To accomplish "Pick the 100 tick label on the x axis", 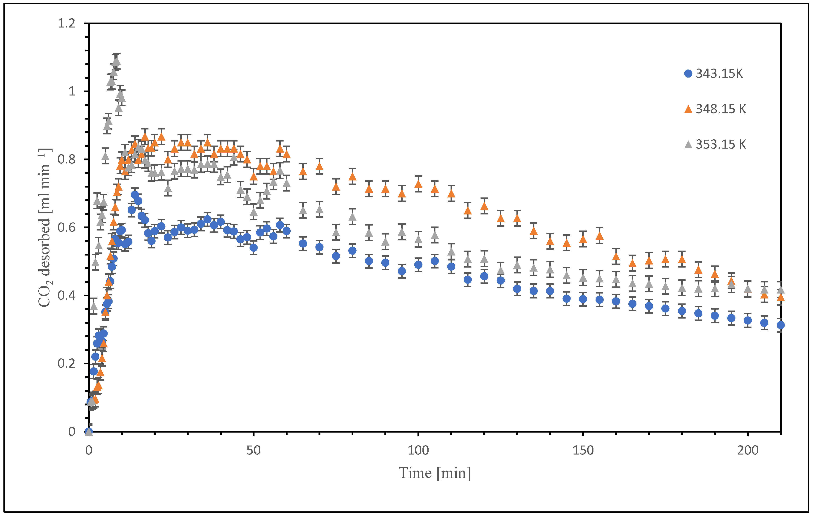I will pyautogui.click(x=418, y=450).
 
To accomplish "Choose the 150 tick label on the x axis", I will pyautogui.click(x=583, y=450).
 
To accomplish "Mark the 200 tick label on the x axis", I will pyautogui.click(x=748, y=450).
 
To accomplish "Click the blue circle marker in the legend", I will pyautogui.click(x=688, y=74).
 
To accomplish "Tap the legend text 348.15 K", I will pyautogui.click(x=721, y=109).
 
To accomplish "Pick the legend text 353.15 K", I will pyautogui.click(x=721, y=144).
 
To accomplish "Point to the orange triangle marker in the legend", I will pyautogui.click(x=688, y=109).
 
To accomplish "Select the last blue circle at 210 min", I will pyautogui.click(x=780, y=325).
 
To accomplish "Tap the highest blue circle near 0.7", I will pyautogui.click(x=135, y=195).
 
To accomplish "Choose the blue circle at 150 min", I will pyautogui.click(x=583, y=299).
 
